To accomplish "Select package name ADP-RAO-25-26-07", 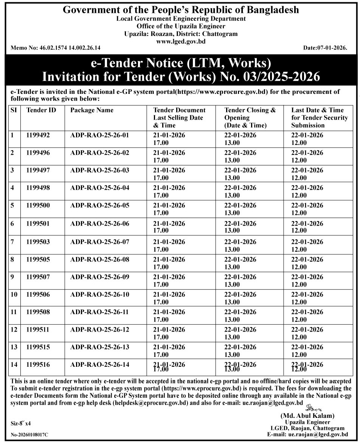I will (x=100, y=242).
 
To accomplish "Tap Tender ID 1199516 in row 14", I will (x=38, y=365).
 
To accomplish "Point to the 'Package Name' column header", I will (x=92, y=110).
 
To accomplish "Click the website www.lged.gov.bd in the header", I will (x=181, y=41).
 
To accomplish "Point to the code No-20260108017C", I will (x=29, y=435).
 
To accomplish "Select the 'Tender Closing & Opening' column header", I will (x=250, y=117).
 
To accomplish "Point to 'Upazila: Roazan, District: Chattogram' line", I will (x=181, y=34).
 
